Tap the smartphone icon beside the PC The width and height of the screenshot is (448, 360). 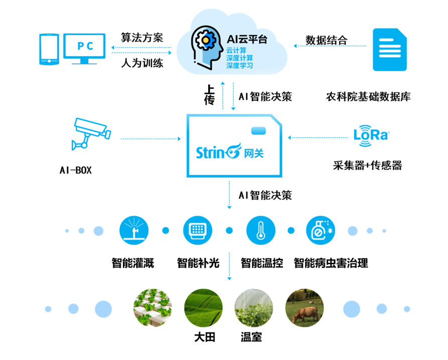[49, 49]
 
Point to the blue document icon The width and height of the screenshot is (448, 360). [390, 50]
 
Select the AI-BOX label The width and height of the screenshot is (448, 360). [76, 170]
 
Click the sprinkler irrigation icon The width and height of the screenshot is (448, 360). [134, 231]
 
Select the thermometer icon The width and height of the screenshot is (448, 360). [261, 231]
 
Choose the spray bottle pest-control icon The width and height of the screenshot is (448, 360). [321, 231]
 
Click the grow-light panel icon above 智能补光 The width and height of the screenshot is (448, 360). [198, 231]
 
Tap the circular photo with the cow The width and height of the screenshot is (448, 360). [304, 307]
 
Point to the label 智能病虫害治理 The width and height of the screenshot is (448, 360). [331, 263]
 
